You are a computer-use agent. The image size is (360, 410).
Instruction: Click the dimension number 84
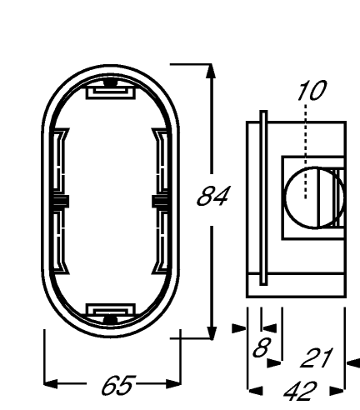(213, 196)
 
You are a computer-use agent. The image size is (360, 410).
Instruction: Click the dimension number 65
(119, 385)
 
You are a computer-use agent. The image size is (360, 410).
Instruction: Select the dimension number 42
(300, 392)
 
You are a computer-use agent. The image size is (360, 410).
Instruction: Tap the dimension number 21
(317, 357)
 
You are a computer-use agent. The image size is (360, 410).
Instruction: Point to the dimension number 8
(262, 347)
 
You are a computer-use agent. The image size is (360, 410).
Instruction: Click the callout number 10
(312, 91)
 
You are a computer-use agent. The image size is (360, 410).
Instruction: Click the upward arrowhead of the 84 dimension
(212, 71)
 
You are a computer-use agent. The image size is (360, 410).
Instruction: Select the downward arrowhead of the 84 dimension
(212, 332)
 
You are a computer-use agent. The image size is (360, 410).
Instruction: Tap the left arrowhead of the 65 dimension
(51, 384)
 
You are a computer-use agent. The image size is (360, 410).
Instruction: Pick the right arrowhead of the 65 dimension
(174, 384)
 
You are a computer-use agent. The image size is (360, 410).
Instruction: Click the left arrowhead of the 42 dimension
(255, 391)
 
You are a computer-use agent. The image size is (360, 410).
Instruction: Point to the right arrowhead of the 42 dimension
(337, 391)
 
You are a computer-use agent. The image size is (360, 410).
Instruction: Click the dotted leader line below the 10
(306, 152)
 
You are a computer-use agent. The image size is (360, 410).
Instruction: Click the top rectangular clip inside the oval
(111, 92)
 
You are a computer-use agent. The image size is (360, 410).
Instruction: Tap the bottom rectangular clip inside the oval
(111, 310)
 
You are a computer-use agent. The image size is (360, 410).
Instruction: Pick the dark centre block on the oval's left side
(61, 202)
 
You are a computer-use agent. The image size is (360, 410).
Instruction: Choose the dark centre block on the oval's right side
(160, 202)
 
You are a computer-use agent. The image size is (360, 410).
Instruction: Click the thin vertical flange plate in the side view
(263, 197)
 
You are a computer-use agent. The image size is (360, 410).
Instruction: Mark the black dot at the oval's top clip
(110, 82)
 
